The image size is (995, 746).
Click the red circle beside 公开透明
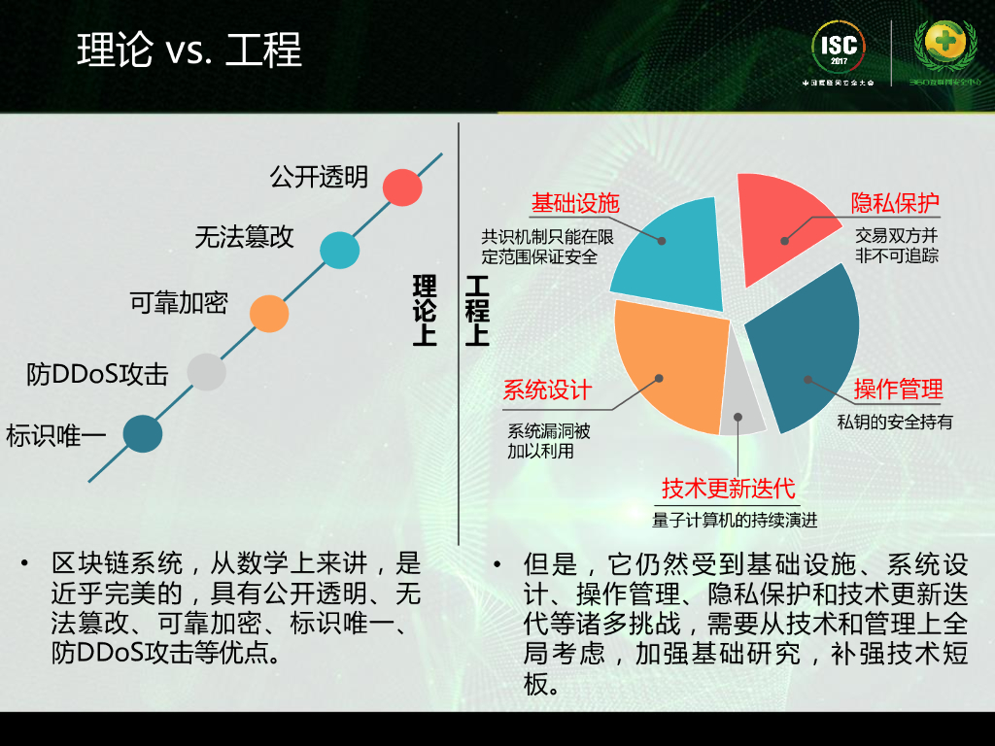(x=401, y=186)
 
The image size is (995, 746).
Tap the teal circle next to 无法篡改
(x=339, y=250)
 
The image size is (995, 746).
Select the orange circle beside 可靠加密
(x=269, y=314)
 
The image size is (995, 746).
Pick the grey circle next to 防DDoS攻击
(x=206, y=372)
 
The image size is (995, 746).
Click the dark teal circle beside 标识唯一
(x=143, y=433)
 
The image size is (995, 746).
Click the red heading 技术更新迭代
(x=729, y=488)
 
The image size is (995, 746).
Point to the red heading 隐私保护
(x=895, y=203)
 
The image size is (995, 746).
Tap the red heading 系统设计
(x=547, y=390)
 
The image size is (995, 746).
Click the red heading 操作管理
(x=898, y=390)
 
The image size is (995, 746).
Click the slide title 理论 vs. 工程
(x=189, y=50)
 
